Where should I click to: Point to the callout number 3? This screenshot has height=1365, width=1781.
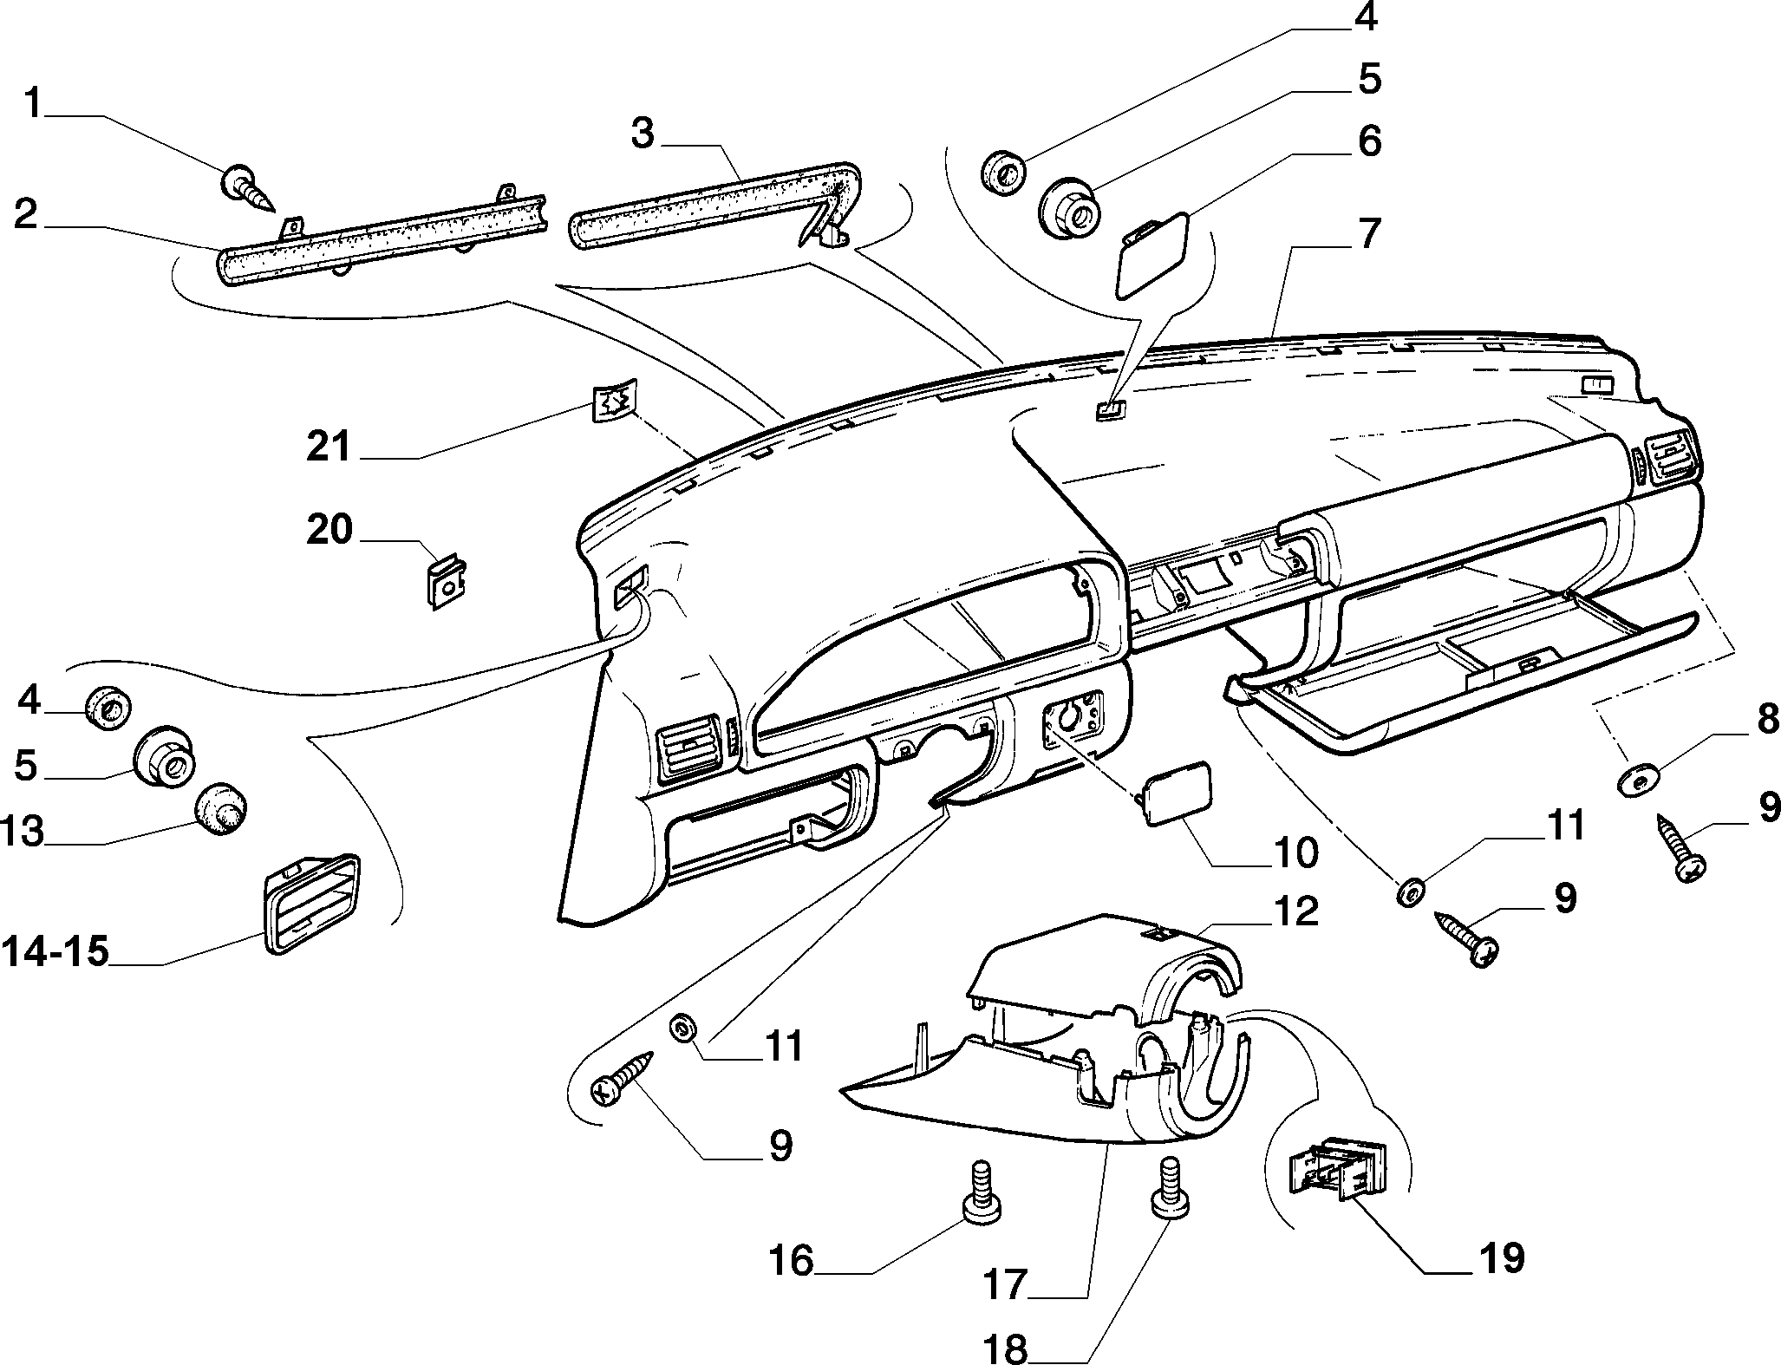point(643,134)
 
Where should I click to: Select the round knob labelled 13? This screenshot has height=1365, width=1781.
point(220,809)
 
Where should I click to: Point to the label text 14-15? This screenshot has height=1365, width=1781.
point(55,951)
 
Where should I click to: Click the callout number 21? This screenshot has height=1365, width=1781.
point(329,448)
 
